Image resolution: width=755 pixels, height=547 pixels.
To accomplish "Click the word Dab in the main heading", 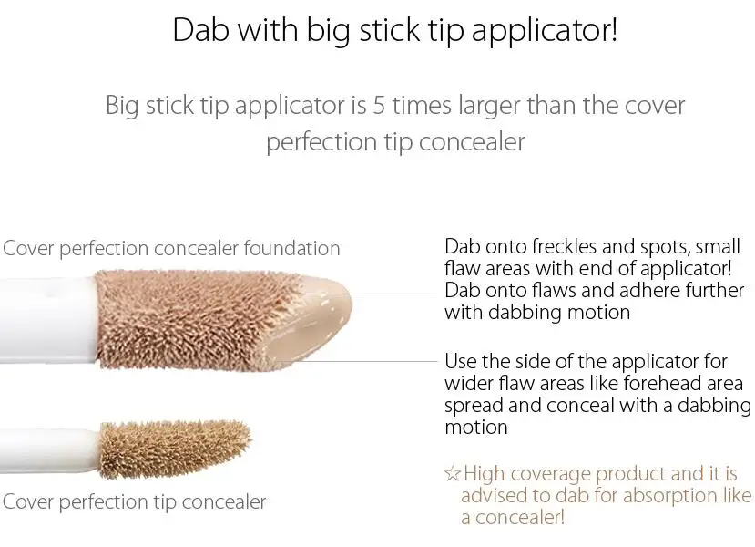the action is tap(199, 30).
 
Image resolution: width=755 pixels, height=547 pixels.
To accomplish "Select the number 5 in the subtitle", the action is tap(379, 106).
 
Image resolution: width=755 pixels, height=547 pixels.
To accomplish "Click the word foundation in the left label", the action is tap(291, 248).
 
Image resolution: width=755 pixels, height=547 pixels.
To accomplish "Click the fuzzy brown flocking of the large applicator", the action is tap(192, 319).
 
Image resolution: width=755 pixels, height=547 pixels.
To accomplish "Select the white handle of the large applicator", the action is tap(47, 319).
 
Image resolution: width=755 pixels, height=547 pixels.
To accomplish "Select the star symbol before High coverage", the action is tap(453, 474).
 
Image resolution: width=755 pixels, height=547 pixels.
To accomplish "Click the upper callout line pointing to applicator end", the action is tap(368, 293).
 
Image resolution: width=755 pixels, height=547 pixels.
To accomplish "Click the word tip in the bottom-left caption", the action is tap(165, 502).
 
